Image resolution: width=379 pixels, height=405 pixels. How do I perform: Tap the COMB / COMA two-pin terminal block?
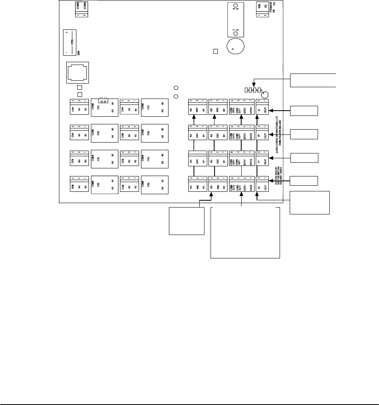(82, 9)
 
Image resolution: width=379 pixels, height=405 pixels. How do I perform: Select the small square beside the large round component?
(216, 51)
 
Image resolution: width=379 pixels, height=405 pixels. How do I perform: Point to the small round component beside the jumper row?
(266, 94)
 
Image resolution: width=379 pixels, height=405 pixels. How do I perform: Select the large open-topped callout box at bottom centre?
(245, 232)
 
